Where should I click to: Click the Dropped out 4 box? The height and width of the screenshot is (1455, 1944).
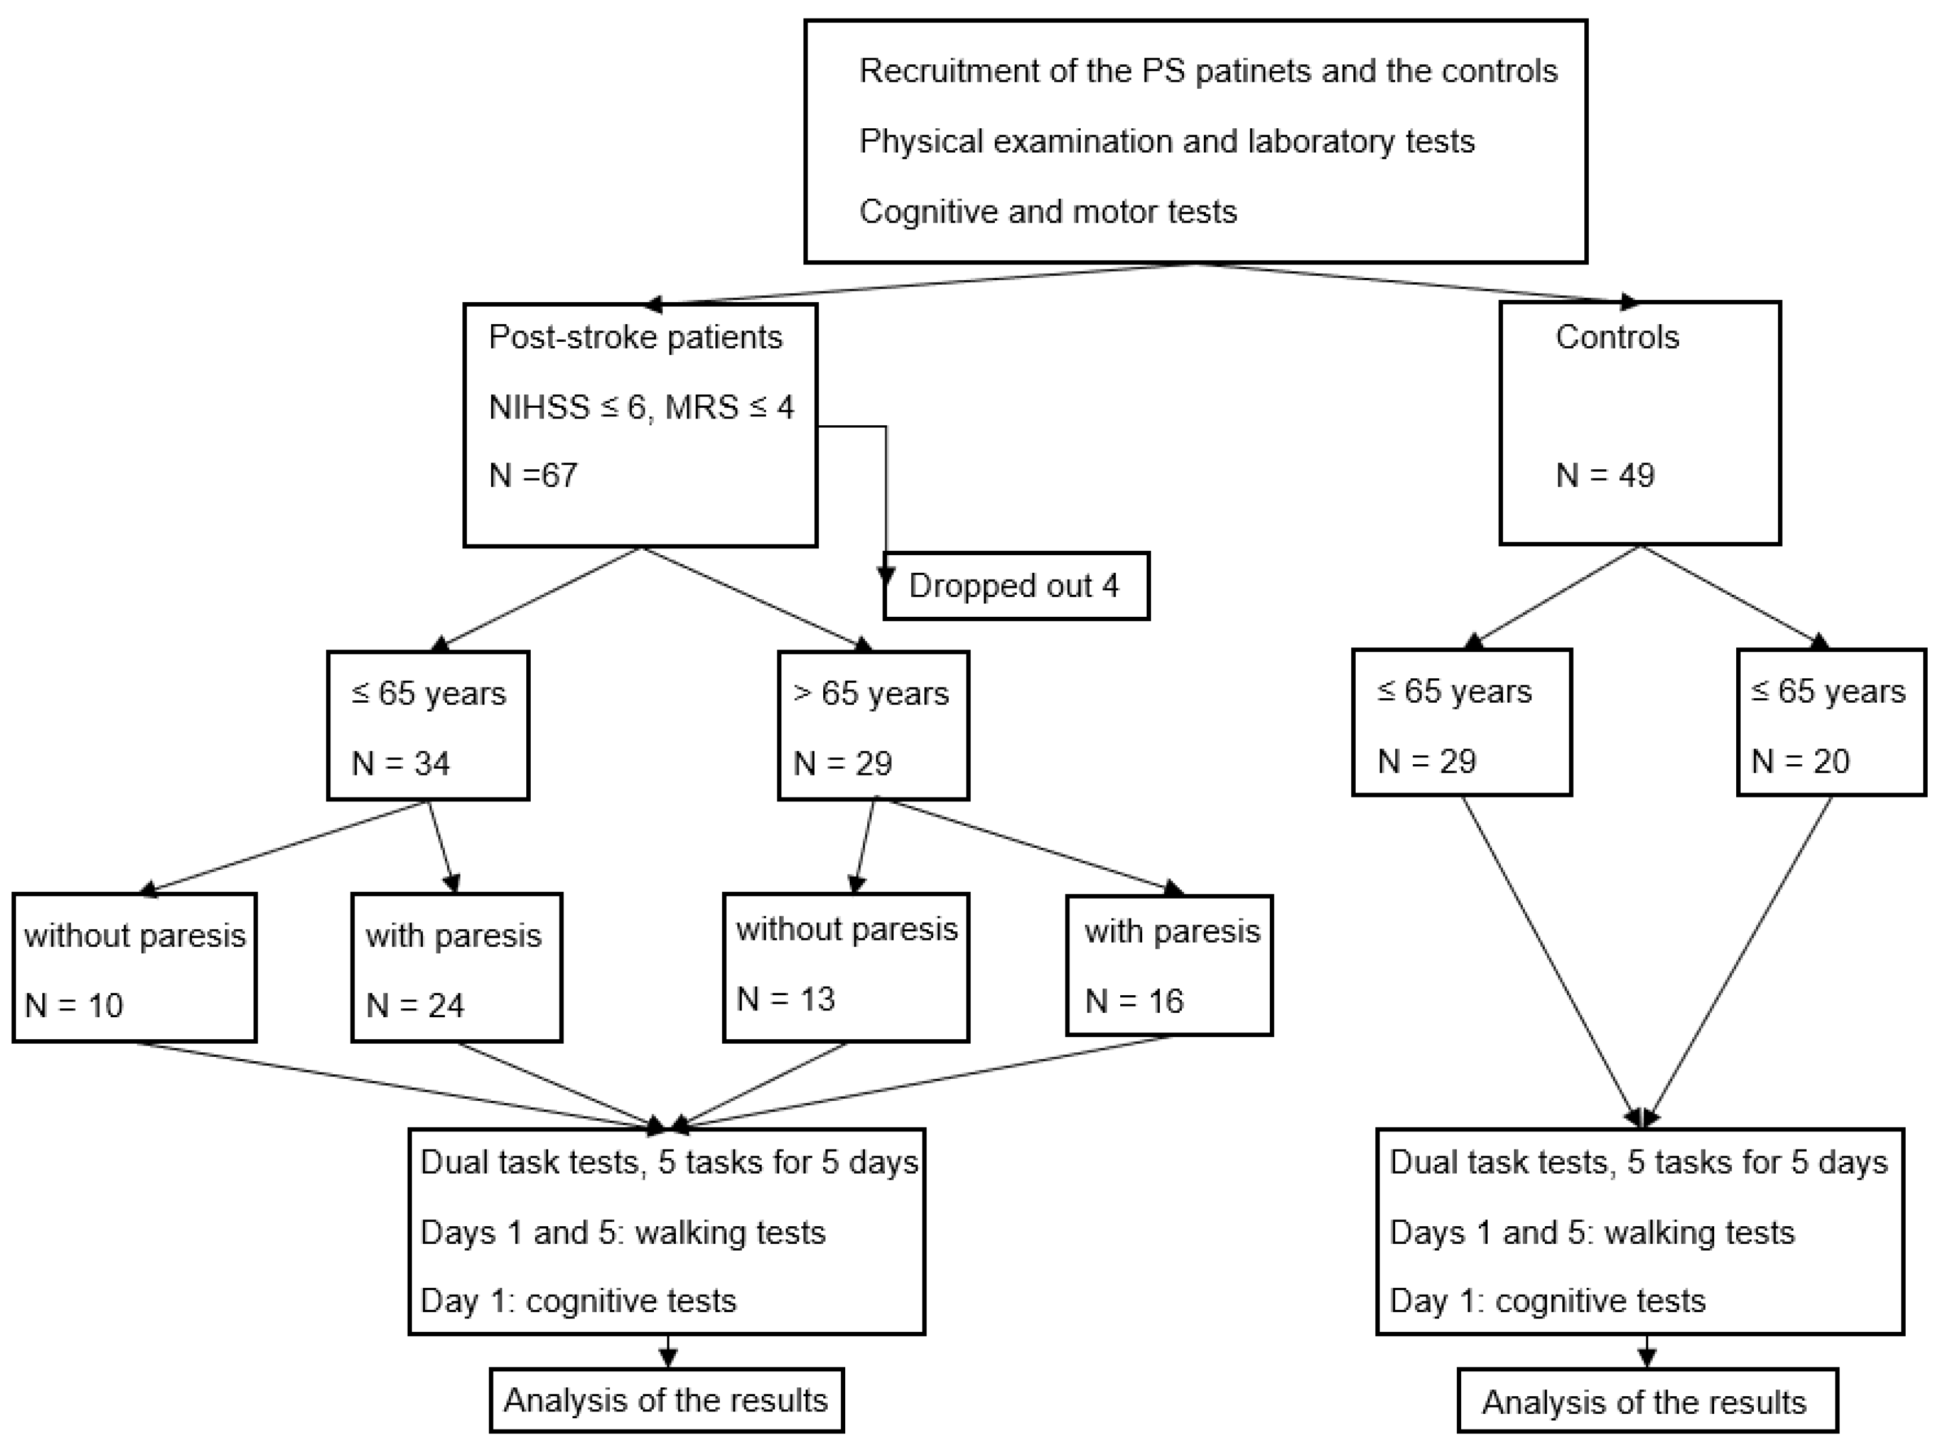coord(1015,586)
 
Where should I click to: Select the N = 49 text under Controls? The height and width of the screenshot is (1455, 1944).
coord(1605,476)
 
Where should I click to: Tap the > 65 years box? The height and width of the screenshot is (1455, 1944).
coord(873,725)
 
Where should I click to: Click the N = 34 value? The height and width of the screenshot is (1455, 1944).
coord(401,763)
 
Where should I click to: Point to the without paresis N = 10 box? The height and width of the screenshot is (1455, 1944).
coord(134,967)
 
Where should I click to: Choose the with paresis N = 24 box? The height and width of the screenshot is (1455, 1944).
coord(456,967)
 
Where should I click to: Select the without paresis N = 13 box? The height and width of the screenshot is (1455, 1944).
coord(845,967)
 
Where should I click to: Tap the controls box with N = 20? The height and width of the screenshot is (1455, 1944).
coord(1831,722)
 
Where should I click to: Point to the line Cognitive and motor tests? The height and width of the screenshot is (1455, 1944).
coord(1047,212)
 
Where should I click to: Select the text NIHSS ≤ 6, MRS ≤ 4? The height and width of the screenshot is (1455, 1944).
coord(641,407)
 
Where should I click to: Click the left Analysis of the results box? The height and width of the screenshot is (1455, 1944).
coord(666,1400)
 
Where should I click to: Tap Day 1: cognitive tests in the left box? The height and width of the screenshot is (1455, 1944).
coord(578,1300)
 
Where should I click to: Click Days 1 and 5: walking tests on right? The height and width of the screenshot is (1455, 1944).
coord(1592,1232)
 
